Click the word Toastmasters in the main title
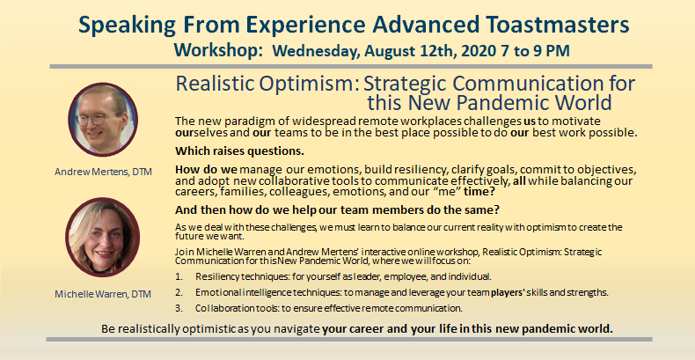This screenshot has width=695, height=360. [x=553, y=25]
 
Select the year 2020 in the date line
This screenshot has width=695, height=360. [x=478, y=51]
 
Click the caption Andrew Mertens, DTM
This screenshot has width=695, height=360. [x=103, y=172]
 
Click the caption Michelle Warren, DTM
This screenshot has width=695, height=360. [x=103, y=293]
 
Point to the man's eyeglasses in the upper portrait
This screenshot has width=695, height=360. [x=96, y=118]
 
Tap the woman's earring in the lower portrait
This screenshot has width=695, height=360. [x=84, y=257]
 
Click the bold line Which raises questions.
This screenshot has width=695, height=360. [x=240, y=151]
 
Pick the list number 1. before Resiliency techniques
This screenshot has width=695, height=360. [x=179, y=276]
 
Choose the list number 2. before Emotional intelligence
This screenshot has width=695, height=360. [x=179, y=292]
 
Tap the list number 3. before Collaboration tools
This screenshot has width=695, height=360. [x=179, y=308]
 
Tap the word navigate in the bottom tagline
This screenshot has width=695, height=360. [x=300, y=329]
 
